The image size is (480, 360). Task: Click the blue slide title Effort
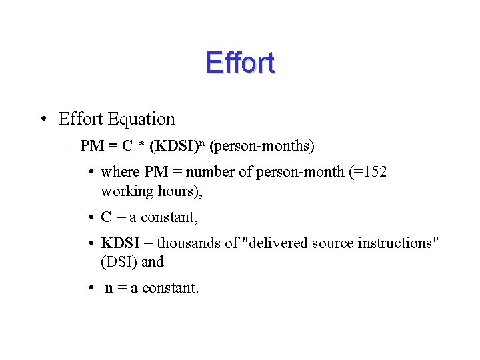pyautogui.click(x=240, y=63)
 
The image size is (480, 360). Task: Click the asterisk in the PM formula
pyautogui.click(x=143, y=145)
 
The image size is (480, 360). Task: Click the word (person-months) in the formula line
pyautogui.click(x=262, y=145)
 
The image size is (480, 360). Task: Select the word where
pyautogui.click(x=120, y=172)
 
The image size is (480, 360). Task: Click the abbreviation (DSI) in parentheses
pyautogui.click(x=119, y=261)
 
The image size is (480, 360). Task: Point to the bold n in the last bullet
pyautogui.click(x=109, y=288)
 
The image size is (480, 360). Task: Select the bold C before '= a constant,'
pyautogui.click(x=106, y=217)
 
